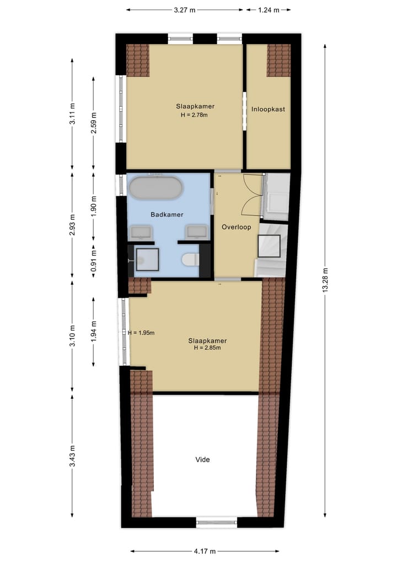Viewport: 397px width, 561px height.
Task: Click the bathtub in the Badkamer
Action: pos(155,188)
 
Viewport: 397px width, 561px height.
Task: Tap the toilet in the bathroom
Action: pos(190,259)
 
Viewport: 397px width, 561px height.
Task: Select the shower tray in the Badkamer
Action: pos(147,259)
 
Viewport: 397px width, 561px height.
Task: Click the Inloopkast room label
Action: pos(268,109)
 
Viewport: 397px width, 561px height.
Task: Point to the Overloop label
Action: pos(236,227)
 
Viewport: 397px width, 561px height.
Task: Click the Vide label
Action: pos(203,459)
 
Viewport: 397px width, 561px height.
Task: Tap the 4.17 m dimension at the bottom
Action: pos(205,551)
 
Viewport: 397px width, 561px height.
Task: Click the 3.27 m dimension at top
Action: pos(184,9)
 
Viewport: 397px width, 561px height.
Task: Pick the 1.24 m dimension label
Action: pos(268,9)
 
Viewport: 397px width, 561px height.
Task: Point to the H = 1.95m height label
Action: pos(141,333)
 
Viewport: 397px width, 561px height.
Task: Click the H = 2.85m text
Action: pos(207,348)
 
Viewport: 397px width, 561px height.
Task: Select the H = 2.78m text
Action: pos(195,115)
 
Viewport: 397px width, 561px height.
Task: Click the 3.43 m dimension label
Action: pos(72,456)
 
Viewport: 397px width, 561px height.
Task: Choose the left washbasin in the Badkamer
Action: pos(141,231)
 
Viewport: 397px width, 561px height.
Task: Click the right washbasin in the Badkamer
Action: pos(196,231)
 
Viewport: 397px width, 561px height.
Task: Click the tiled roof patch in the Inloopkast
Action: pos(278,60)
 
